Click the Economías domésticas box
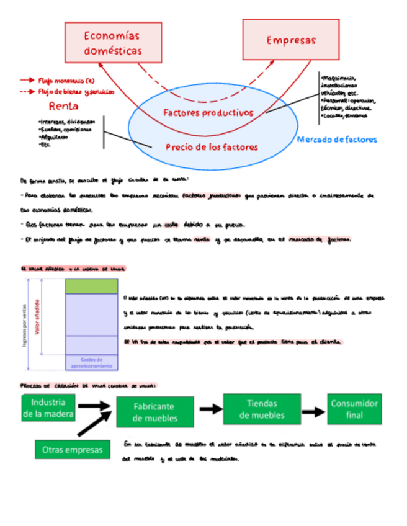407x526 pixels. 113,43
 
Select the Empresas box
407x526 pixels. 291,40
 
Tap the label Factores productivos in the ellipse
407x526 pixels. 208,113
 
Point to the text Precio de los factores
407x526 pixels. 212,147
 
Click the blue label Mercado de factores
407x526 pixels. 337,140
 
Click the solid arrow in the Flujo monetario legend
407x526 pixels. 27,80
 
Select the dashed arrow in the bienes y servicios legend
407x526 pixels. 27,91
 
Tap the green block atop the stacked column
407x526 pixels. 91,286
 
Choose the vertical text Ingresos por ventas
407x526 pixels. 24,323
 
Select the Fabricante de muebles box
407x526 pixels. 155,412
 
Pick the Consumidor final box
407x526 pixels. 354,409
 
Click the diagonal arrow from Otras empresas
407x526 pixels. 94,425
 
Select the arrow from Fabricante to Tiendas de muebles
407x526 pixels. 210,409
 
